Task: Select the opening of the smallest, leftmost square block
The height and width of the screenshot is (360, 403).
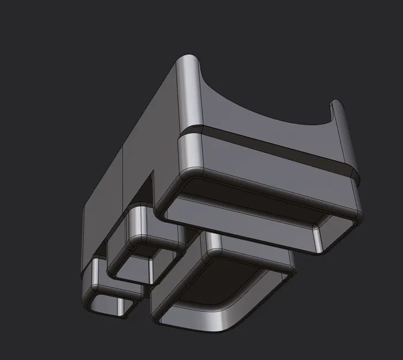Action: (x=107, y=302)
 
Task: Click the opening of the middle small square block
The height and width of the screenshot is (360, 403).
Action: (x=134, y=266)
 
